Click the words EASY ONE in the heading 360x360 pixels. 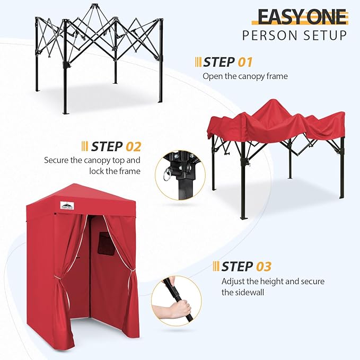[x=303, y=17]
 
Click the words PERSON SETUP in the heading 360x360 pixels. [x=295, y=36]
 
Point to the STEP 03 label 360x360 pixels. [x=246, y=266]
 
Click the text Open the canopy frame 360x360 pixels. [x=245, y=76]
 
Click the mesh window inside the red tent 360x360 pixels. [x=102, y=247]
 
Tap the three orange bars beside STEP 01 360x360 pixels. [x=198, y=62]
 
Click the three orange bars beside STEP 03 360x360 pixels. [x=216, y=266]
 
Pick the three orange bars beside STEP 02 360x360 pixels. [x=85, y=146]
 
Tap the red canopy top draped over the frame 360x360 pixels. [x=276, y=122]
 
